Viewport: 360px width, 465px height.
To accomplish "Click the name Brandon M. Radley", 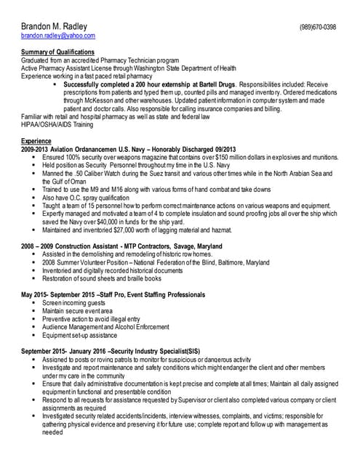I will (55, 27).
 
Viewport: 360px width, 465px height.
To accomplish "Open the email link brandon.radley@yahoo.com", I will (58, 36).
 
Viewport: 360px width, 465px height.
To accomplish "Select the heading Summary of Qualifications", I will (58, 52).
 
